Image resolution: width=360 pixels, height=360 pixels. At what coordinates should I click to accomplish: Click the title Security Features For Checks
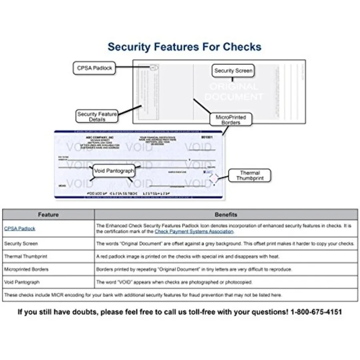[x=184, y=47]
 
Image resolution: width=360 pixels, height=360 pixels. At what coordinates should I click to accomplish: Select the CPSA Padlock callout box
[x=94, y=68]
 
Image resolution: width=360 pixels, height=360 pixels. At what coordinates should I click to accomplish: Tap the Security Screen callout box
[x=233, y=71]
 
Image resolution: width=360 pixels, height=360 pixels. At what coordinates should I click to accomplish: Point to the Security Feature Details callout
[x=97, y=116]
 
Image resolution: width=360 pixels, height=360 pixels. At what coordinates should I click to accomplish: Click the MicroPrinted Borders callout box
[x=231, y=120]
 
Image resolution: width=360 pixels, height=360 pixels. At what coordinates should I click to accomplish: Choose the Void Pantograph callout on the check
[x=114, y=171]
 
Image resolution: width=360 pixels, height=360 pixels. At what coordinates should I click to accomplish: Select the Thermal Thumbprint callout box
[x=250, y=176]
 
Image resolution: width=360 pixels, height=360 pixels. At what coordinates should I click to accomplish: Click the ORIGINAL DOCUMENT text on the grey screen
[x=234, y=92]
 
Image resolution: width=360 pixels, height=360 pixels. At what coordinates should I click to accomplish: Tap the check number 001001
[x=207, y=137]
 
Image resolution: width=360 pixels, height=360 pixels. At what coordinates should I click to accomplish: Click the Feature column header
[x=48, y=215]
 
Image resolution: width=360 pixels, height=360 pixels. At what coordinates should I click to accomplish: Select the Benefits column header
[x=226, y=215]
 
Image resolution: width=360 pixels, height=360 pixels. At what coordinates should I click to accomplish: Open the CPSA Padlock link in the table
[x=20, y=228]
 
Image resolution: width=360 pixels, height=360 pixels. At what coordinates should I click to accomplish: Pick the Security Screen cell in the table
[x=21, y=243]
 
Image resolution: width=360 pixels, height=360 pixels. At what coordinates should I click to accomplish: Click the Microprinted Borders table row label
[x=26, y=269]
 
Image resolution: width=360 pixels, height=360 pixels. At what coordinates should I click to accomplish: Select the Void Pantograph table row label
[x=22, y=282]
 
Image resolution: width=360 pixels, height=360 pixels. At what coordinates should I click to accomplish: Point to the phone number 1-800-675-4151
[x=315, y=312]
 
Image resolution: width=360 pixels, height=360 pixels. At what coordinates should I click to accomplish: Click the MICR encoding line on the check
[x=126, y=194]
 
